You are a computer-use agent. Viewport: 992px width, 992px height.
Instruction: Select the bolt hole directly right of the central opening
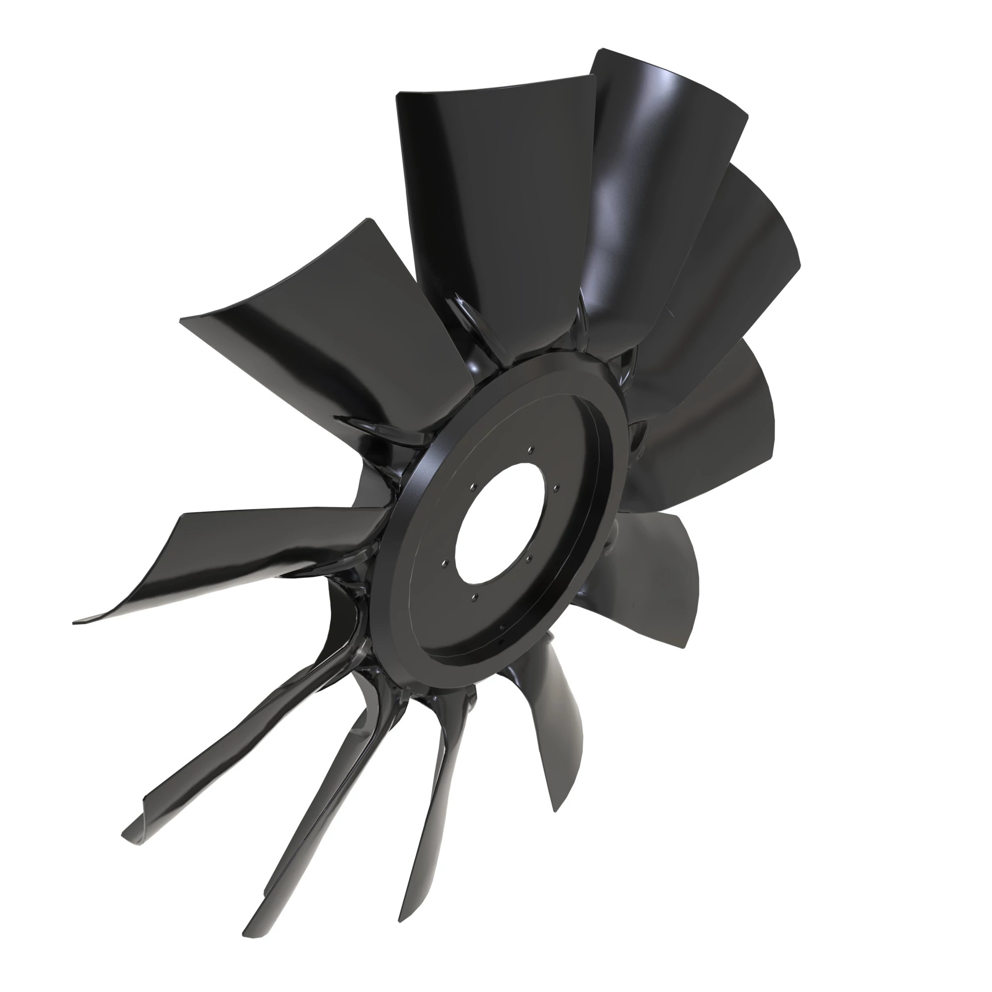558,488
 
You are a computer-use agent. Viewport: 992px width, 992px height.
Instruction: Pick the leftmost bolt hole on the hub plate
445,563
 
